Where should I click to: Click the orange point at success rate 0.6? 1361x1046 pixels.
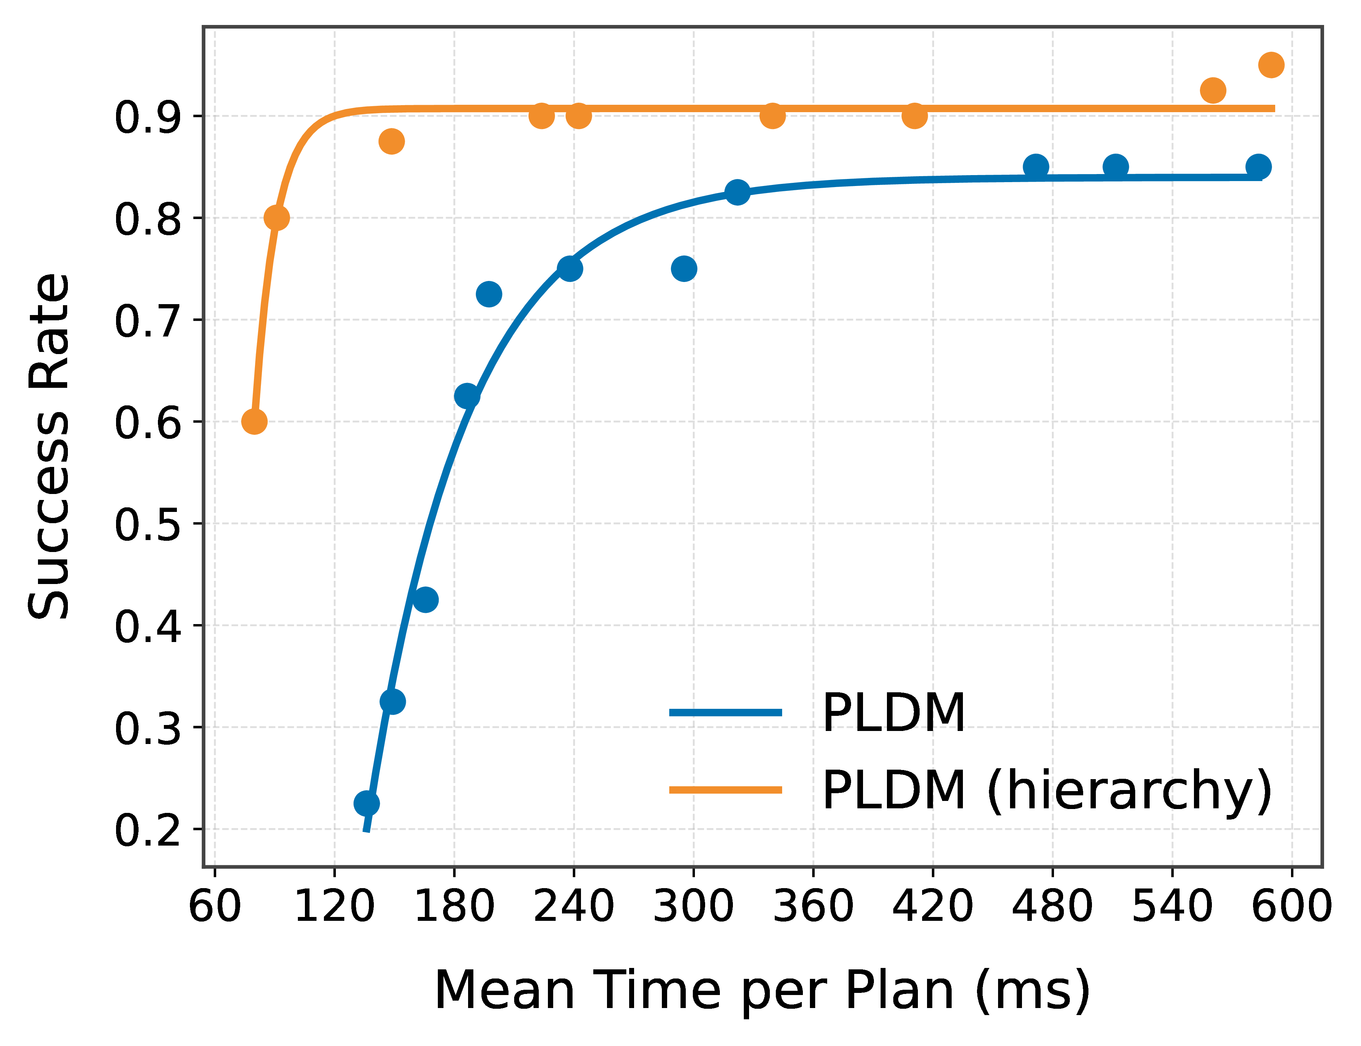pyautogui.click(x=254, y=422)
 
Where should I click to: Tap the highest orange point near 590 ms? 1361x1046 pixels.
pyautogui.click(x=1271, y=65)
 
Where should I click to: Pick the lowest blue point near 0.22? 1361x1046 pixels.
pyautogui.click(x=367, y=803)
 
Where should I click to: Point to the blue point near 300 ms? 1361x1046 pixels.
pyautogui.click(x=684, y=269)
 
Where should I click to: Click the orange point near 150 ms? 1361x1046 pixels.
pyautogui.click(x=391, y=141)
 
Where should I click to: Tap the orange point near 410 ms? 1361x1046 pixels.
pyautogui.click(x=914, y=116)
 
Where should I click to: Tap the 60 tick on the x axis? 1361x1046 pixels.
pyautogui.click(x=215, y=906)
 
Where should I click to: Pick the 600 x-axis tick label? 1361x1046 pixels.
pyautogui.click(x=1292, y=906)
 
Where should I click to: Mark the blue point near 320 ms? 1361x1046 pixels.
pyautogui.click(x=737, y=192)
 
